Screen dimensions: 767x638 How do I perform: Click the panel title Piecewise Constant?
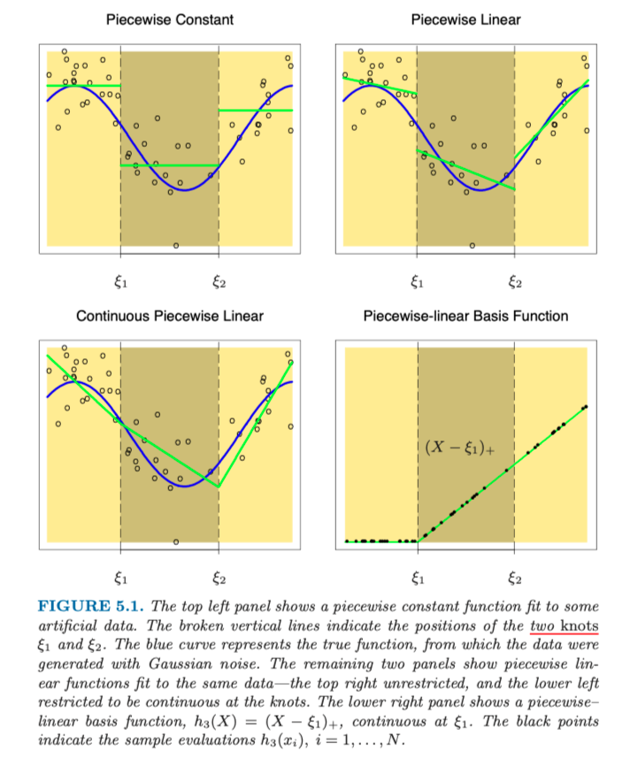169,19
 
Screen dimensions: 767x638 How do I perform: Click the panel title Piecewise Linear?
465,19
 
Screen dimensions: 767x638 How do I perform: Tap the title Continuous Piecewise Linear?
169,316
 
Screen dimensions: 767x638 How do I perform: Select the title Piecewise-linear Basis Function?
465,316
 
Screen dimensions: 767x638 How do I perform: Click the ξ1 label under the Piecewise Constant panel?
121,283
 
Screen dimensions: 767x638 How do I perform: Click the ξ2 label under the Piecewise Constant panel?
219,283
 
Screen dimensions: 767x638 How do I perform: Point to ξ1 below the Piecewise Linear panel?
418,283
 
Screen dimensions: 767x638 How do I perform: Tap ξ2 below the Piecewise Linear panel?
515,283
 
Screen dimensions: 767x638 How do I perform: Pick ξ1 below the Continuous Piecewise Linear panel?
121,579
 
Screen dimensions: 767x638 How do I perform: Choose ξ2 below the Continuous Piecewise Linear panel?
219,579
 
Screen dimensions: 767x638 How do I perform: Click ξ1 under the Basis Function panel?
418,579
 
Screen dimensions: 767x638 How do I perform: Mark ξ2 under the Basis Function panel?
515,579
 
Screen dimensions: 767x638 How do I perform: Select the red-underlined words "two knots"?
565,625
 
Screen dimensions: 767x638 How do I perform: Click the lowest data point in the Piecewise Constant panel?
175,245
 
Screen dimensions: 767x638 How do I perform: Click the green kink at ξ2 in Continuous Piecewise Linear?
219,487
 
